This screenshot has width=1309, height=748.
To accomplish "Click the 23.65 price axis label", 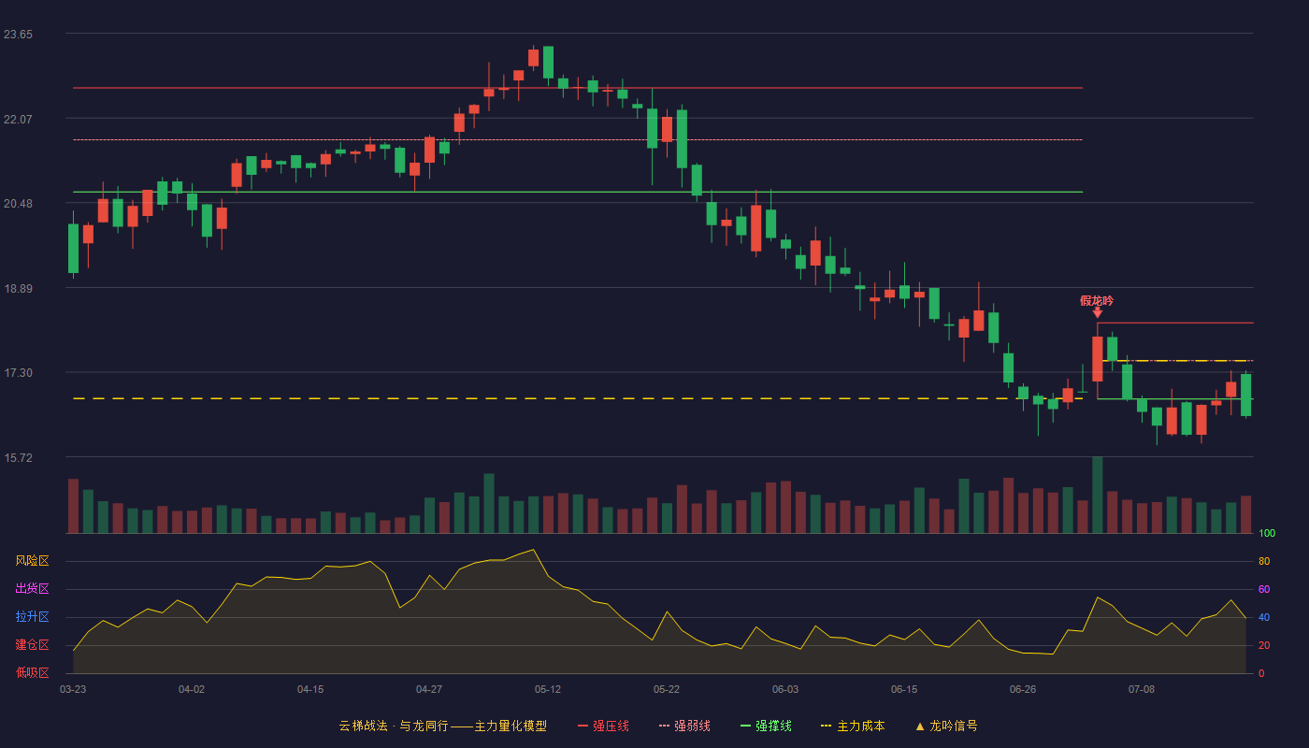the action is click(x=18, y=35).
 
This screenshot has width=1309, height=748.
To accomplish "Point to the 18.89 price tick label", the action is click(x=18, y=289).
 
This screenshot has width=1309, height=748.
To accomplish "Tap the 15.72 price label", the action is click(x=18, y=457).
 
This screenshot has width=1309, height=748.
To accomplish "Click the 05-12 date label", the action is click(x=548, y=690).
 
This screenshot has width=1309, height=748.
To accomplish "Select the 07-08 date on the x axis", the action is click(x=1142, y=690).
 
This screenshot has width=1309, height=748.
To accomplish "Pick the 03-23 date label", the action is click(x=73, y=690).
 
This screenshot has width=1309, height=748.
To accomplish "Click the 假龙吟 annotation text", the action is click(x=1097, y=301).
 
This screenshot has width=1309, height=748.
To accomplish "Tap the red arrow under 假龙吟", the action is click(x=1098, y=312).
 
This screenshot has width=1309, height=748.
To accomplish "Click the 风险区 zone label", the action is click(x=32, y=561).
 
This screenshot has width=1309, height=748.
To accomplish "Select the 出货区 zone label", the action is click(x=32, y=588).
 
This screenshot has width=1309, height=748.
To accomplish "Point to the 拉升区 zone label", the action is click(x=32, y=616).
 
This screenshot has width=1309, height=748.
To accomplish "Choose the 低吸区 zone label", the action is click(x=32, y=672).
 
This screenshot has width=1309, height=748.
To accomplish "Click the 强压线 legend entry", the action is click(x=603, y=726).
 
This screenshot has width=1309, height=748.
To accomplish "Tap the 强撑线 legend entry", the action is click(x=766, y=726).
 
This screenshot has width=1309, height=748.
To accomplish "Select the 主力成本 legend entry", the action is click(x=853, y=726).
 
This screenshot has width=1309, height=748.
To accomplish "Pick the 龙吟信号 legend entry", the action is click(x=946, y=726).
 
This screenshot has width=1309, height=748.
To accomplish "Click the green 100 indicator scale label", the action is click(x=1267, y=533).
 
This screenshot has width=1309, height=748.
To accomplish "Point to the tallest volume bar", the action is click(x=1098, y=495).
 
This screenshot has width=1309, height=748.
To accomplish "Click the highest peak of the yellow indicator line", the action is click(x=533, y=550).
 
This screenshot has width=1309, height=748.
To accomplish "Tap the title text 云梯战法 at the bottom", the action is click(x=364, y=726).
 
